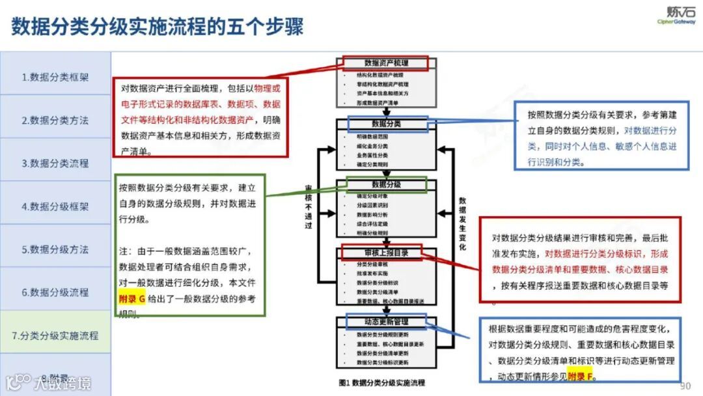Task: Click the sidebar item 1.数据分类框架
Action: (x=55, y=77)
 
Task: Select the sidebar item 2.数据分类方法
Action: (x=55, y=120)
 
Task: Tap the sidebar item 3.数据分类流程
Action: (x=55, y=163)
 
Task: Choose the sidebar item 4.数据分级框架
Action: (x=55, y=206)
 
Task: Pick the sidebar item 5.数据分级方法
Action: (x=55, y=249)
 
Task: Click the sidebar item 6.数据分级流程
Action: (x=55, y=292)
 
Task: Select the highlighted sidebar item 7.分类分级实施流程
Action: (x=55, y=335)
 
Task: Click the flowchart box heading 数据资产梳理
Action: (x=386, y=63)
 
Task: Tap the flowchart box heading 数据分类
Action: (x=386, y=124)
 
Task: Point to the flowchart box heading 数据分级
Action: (x=386, y=184)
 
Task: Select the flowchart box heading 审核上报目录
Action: (x=386, y=252)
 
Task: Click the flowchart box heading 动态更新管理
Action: (x=386, y=321)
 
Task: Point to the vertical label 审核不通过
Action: (x=309, y=207)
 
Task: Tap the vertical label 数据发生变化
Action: (x=462, y=223)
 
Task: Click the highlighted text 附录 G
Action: (x=133, y=298)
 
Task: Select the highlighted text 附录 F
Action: (x=581, y=376)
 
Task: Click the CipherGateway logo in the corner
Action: (x=676, y=15)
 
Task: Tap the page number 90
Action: (x=685, y=385)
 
